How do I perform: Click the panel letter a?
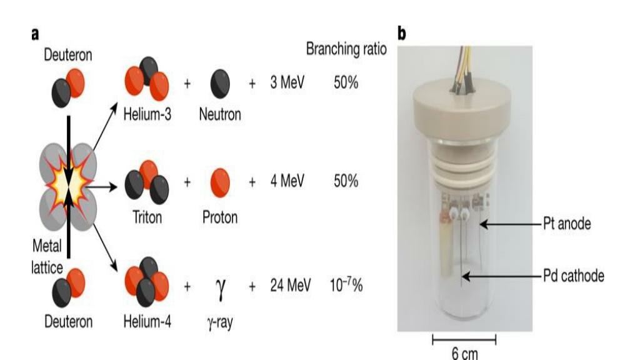pos(35,34)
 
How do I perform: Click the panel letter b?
pos(402,33)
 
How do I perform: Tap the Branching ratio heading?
pos(346,49)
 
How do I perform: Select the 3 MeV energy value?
pos(287,82)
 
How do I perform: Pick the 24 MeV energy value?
pos(290,285)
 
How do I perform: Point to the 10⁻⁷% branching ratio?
pos(346,284)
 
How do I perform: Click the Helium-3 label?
pos(147,114)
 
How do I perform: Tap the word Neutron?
pos(220,114)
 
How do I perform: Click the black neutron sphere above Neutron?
pos(220,84)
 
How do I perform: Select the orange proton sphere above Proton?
pos(220,183)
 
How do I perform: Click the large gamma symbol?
pos(220,288)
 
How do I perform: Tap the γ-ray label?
pos(220,322)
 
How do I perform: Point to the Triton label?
pos(147,217)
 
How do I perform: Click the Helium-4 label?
pos(147,322)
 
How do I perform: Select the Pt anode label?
pos(567,224)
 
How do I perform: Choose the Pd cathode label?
pos(574,276)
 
